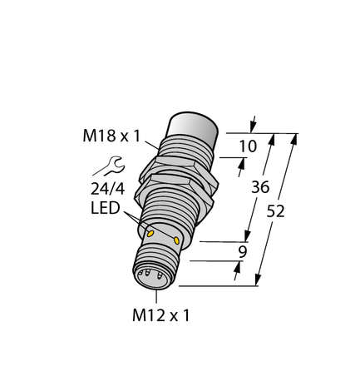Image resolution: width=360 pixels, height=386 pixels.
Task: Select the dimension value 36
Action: tap(260, 188)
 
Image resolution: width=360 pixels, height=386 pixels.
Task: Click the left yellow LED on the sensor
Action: tap(150, 234)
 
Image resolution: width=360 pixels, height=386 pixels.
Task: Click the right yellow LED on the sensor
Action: tap(176, 240)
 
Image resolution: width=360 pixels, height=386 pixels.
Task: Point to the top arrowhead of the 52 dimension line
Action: tap(295, 137)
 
